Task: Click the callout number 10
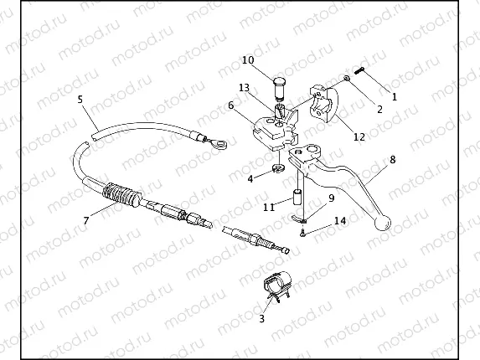[x=248, y=60]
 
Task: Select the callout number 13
[x=244, y=88]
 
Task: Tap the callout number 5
[x=80, y=100]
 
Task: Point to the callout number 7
[x=86, y=220]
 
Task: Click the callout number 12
[x=359, y=136]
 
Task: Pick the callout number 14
[x=340, y=220]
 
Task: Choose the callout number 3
[x=261, y=319]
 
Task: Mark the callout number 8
[x=392, y=159]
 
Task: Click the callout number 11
[x=269, y=208]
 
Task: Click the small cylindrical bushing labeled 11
[x=297, y=198]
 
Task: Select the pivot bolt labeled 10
[x=278, y=89]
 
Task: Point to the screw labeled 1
[x=359, y=70]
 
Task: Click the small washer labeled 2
[x=347, y=79]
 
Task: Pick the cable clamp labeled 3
[x=276, y=285]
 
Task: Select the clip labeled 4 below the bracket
[x=278, y=168]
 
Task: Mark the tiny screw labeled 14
[x=302, y=234]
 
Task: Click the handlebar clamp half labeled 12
[x=325, y=104]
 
